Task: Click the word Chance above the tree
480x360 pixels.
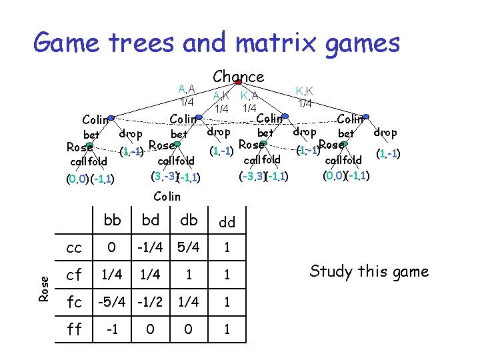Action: [x=238, y=77]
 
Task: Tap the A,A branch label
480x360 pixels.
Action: [x=187, y=89]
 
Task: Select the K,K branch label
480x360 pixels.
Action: [x=305, y=90]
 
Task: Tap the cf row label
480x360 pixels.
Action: [x=74, y=274]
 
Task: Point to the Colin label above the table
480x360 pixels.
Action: [x=167, y=196]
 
